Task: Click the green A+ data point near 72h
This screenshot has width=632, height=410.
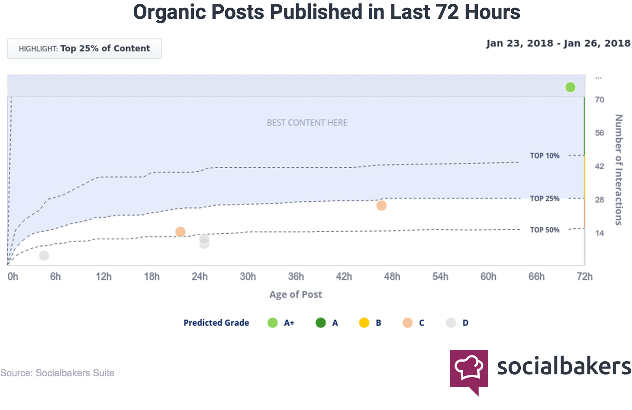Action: point(570,87)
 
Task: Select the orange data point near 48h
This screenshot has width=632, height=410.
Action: point(381,206)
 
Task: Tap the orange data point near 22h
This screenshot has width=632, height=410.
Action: point(181,232)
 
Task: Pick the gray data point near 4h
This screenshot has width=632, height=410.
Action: point(44,256)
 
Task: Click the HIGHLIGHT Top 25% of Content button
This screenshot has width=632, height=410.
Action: point(84,49)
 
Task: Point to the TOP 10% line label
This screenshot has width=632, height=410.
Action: point(545,156)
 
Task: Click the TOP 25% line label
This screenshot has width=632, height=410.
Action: point(545,199)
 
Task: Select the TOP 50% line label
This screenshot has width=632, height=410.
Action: point(545,230)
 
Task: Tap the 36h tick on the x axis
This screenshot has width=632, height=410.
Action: point(296,277)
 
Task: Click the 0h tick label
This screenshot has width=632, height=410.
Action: point(13,277)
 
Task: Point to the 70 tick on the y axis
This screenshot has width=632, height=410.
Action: point(600,100)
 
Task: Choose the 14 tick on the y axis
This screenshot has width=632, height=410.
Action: point(600,233)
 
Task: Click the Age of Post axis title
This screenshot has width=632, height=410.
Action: point(296,295)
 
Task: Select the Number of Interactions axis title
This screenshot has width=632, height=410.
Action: point(619,169)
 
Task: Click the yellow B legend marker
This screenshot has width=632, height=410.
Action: point(364,323)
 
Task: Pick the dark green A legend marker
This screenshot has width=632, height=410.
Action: point(321,323)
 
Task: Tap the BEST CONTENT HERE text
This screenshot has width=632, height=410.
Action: point(307,123)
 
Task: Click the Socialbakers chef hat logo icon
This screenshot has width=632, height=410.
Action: point(469,370)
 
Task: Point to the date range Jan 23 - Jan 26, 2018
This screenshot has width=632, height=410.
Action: point(558,43)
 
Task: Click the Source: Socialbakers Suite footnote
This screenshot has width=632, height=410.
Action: point(58,373)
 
